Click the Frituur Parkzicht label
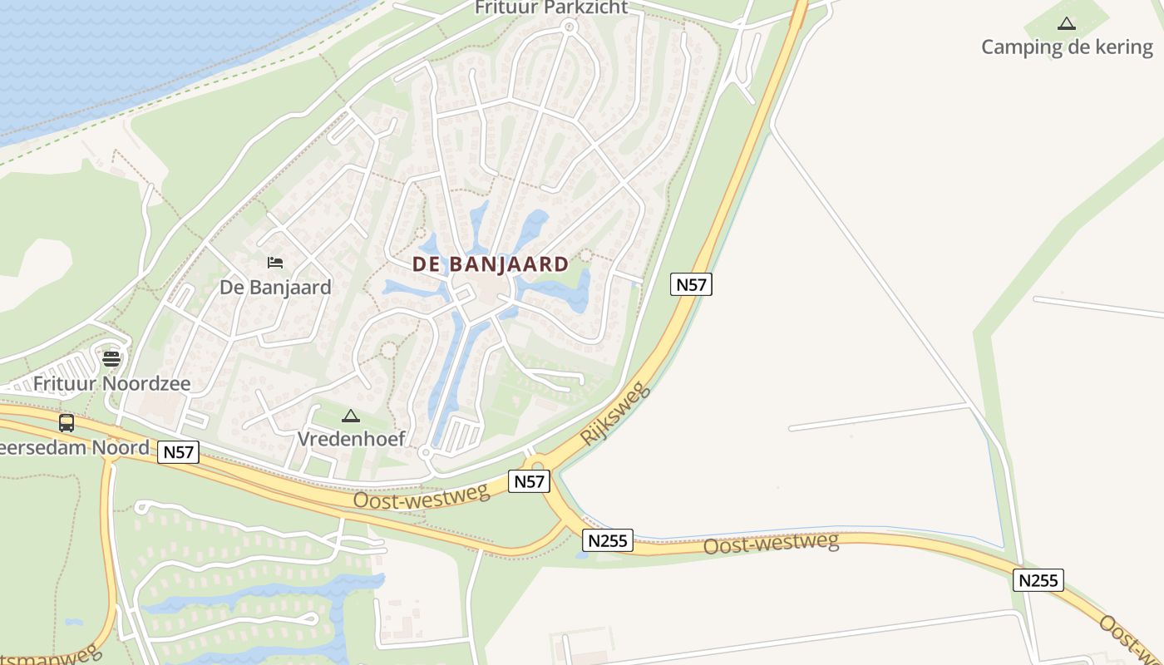pos(551,7)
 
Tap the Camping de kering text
pos(1067,47)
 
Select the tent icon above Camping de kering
pos(1067,24)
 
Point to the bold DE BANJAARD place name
pos(491,264)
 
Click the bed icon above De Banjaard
pos(275,263)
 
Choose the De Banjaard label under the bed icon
pos(275,288)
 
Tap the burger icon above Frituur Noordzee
pos(111,359)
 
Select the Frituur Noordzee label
pos(111,384)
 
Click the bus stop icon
pos(67,422)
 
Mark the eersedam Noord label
pos(75,447)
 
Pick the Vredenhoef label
pos(352,438)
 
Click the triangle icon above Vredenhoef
pos(351,416)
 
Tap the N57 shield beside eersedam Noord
pos(179,452)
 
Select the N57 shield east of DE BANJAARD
pos(691,284)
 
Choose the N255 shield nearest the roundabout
pos(608,540)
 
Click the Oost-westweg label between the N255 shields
pos(771,544)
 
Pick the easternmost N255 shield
pos(1038,579)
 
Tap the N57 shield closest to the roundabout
pos(529,480)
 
